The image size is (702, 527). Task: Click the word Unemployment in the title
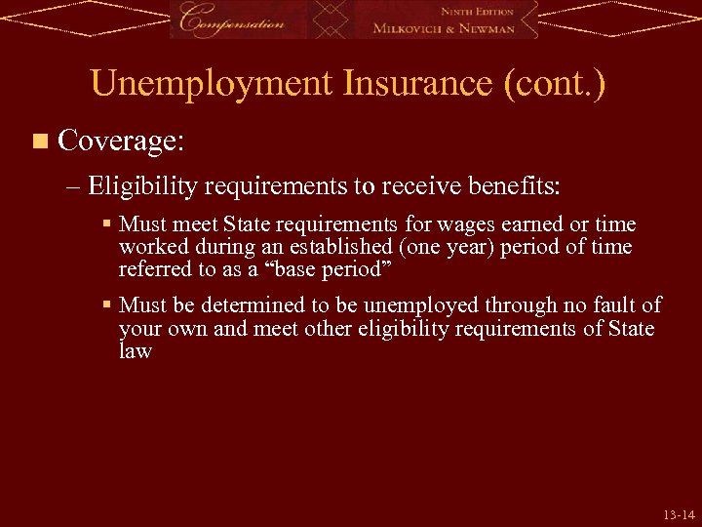click(x=212, y=84)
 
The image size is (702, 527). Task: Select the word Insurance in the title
click(x=418, y=84)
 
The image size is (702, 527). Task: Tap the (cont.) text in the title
click(x=555, y=84)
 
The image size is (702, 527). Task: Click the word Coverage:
click(x=120, y=142)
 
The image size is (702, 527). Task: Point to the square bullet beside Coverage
click(x=39, y=142)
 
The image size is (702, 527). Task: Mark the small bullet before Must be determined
click(x=108, y=305)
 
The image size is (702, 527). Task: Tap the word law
click(x=136, y=350)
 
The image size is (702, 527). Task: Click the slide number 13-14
click(x=679, y=513)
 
